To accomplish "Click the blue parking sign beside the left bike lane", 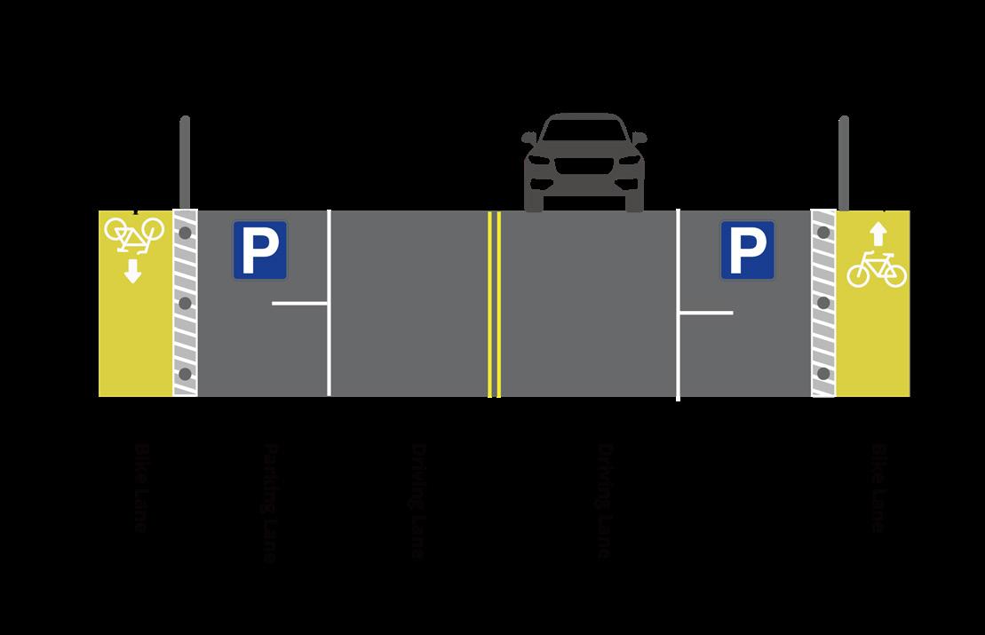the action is pyautogui.click(x=260, y=250).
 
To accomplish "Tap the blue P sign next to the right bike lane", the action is pyautogui.click(x=747, y=250).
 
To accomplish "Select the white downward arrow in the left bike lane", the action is pyautogui.click(x=133, y=270).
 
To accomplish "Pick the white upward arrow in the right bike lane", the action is pyautogui.click(x=878, y=234).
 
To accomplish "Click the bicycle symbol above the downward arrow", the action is pyautogui.click(x=134, y=232).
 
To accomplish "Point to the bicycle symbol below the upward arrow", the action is pyautogui.click(x=876, y=269).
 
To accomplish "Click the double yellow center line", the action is pyautogui.click(x=494, y=303).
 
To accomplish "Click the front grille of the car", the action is pyautogui.click(x=584, y=169).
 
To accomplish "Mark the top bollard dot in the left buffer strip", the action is pyautogui.click(x=185, y=233).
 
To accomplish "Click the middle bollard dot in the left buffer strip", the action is pyautogui.click(x=185, y=304).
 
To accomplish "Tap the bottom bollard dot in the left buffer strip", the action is pyautogui.click(x=185, y=374).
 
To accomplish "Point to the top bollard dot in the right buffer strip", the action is pyautogui.click(x=823, y=233).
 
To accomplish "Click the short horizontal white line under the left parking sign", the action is pyautogui.click(x=300, y=304).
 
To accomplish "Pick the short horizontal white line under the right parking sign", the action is pyautogui.click(x=706, y=313).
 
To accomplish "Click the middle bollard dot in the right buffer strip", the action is pyautogui.click(x=823, y=303).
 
